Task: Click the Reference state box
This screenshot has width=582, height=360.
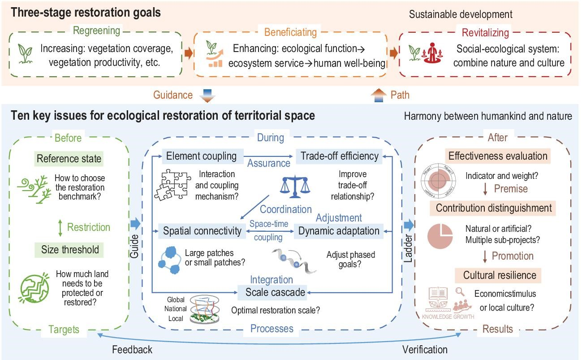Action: click(69, 159)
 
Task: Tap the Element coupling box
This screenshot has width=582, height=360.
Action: click(201, 156)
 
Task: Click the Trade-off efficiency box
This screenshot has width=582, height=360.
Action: click(339, 156)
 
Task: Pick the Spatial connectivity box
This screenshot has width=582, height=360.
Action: click(202, 231)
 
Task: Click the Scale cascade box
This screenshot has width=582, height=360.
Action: click(275, 292)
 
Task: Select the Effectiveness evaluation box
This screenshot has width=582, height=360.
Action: click(498, 156)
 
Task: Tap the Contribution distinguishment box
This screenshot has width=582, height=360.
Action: click(493, 208)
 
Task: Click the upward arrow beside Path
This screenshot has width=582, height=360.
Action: click(378, 95)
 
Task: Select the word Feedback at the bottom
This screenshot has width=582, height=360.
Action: click(132, 350)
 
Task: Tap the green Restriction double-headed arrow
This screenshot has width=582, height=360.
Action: click(60, 227)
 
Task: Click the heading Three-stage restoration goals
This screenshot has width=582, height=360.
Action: click(86, 13)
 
